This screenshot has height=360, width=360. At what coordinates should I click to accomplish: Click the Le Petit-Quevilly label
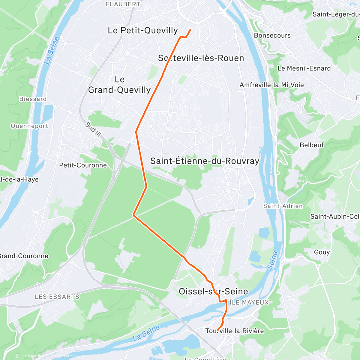143,30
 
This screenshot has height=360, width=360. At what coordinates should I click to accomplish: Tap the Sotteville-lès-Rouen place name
201,58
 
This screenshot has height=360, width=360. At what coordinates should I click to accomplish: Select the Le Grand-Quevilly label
119,85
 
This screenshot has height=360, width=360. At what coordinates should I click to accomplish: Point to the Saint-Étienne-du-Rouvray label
205,161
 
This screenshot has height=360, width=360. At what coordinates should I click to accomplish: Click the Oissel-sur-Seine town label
213,291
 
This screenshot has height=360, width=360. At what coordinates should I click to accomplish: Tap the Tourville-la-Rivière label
235,331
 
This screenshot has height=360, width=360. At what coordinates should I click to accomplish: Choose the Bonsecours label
272,35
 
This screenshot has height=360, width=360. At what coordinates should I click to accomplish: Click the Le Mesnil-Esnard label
304,68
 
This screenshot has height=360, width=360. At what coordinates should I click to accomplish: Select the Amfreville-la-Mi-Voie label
271,85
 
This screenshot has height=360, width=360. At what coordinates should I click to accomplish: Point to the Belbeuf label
312,145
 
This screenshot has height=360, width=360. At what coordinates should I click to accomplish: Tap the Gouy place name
322,252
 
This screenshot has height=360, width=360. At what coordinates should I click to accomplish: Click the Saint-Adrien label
283,206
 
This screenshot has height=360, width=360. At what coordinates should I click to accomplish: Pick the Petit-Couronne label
83,165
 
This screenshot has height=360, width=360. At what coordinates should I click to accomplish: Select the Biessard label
33,99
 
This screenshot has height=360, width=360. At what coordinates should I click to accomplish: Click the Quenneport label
29,126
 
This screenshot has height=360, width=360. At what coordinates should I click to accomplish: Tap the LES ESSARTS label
57,297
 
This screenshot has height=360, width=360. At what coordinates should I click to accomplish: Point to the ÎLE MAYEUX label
249,302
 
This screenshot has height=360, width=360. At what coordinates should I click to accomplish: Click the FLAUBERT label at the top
123,4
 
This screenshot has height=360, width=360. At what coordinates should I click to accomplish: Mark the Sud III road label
93,129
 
